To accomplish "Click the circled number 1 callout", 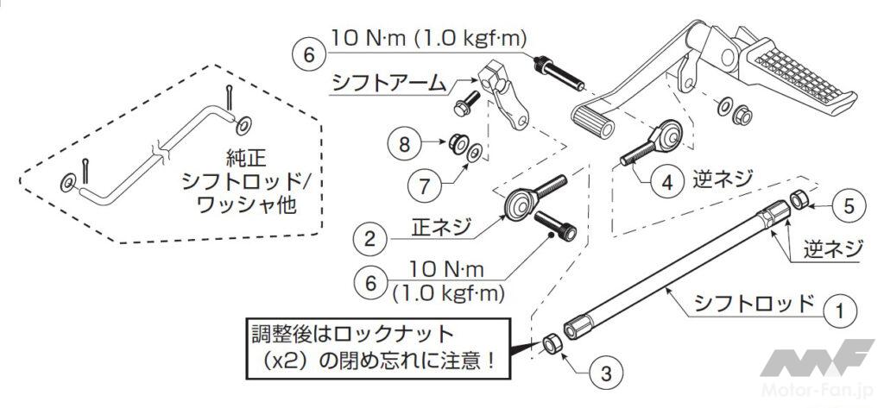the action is coord(840,311).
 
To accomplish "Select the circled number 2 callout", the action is coord(369,239).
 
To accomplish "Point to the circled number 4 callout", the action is coord(667,183).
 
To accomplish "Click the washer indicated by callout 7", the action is coord(475,152).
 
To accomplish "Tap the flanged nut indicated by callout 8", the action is coord(457,142).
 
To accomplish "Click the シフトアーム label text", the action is coord(388,85).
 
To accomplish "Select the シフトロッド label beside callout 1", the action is coord(754,304).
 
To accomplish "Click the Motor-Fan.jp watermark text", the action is coord(815,389).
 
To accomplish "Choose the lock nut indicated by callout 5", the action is coord(799,200).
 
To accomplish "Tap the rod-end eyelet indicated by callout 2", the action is coord(518,204).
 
